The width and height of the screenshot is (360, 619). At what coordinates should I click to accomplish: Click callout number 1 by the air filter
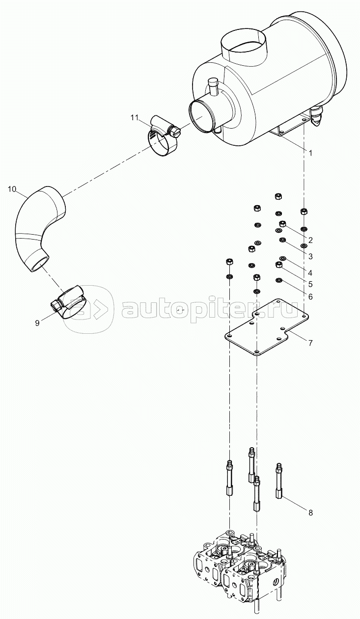pyautogui.click(x=310, y=153)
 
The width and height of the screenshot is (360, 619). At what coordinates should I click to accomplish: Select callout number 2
pyautogui.click(x=310, y=240)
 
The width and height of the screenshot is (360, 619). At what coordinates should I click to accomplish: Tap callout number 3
pyautogui.click(x=310, y=256)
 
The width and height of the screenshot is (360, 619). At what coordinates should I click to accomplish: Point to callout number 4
pyautogui.click(x=310, y=273)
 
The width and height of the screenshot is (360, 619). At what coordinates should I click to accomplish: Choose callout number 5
pyautogui.click(x=310, y=284)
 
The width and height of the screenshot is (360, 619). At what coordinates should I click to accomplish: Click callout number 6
pyautogui.click(x=310, y=297)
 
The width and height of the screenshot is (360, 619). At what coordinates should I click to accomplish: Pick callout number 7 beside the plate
pyautogui.click(x=310, y=343)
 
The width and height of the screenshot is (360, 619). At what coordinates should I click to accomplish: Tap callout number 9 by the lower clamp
pyautogui.click(x=37, y=323)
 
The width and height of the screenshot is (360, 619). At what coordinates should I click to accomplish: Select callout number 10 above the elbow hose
pyautogui.click(x=12, y=189)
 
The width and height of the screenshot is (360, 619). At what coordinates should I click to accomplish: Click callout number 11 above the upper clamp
pyautogui.click(x=134, y=118)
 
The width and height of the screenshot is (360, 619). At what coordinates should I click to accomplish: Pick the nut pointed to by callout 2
pyautogui.click(x=282, y=223)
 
